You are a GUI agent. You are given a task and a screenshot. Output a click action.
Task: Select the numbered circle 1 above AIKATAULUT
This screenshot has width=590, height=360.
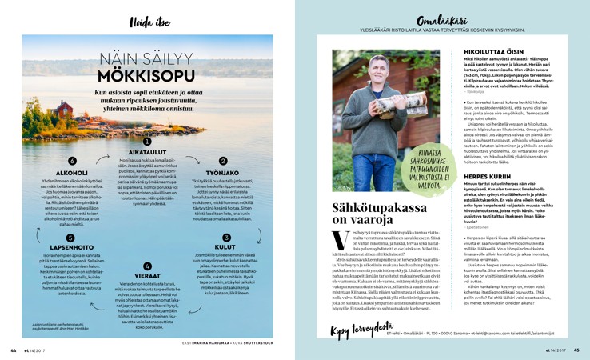point(147,141)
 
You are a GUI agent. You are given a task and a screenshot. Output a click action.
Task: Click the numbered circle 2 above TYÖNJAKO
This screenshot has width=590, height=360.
point(223,161)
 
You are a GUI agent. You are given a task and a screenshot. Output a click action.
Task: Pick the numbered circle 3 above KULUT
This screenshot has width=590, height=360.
point(226,237)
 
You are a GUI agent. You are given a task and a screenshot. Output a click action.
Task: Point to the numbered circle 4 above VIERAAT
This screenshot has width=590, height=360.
point(147,266)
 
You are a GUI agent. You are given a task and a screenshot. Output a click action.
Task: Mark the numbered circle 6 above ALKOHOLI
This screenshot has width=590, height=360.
point(72,161)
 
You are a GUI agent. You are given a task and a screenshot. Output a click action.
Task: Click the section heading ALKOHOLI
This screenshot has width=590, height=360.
point(72,172)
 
